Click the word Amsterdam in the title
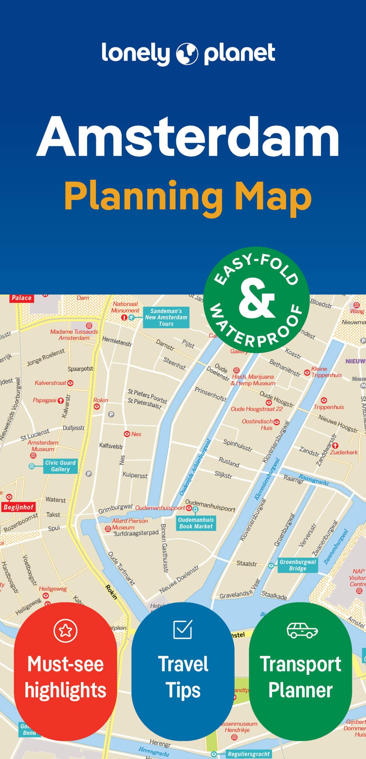click(188, 137)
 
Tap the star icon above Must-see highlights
click(65, 630)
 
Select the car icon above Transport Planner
click(302, 630)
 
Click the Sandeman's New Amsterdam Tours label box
click(166, 317)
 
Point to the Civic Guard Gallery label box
click(60, 466)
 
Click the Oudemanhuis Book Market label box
click(196, 523)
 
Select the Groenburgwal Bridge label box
click(298, 565)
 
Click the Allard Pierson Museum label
click(130, 524)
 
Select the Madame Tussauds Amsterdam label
click(74, 335)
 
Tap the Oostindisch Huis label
click(257, 424)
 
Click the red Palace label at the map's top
click(22, 298)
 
